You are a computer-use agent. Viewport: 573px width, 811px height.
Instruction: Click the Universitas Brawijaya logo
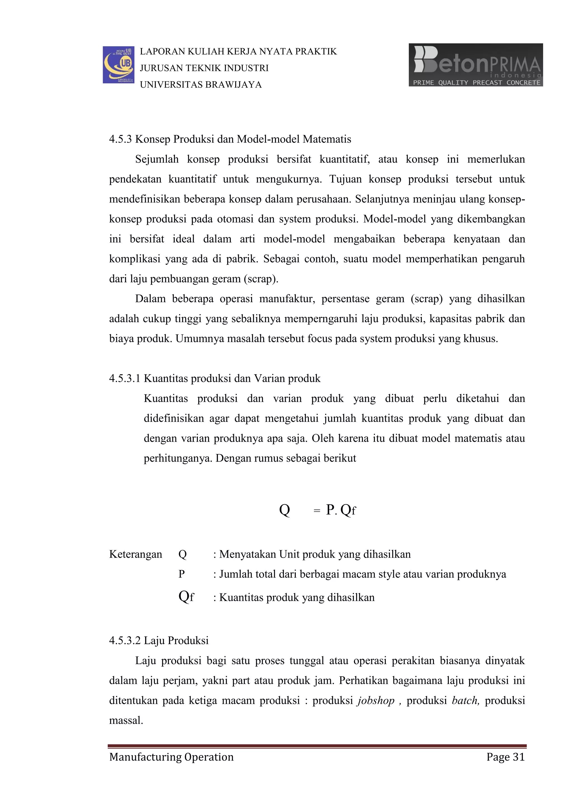point(118,65)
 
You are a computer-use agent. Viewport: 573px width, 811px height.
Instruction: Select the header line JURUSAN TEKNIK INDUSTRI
point(204,68)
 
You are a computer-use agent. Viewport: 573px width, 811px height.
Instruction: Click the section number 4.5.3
point(120,139)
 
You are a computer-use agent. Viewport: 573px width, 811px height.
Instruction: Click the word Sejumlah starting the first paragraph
point(157,159)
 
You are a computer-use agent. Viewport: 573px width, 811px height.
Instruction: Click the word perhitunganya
point(178,458)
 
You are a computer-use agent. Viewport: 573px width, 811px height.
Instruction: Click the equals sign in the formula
point(317,511)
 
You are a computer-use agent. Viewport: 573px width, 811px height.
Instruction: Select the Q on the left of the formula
point(284,510)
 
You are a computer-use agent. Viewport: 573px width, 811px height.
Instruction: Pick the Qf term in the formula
point(348,510)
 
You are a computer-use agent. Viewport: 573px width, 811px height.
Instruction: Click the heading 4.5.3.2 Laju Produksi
point(159,641)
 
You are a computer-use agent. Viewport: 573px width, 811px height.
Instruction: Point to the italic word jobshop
point(376,700)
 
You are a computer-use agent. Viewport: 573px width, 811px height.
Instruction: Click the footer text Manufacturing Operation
point(172,757)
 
